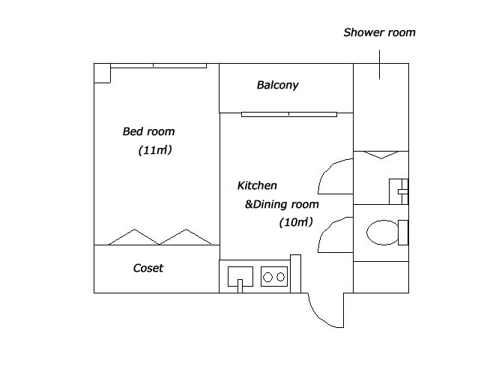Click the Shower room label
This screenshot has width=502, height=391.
379,32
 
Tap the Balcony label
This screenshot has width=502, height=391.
277,85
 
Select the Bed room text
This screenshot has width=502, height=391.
148,131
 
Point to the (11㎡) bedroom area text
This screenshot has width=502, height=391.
155,150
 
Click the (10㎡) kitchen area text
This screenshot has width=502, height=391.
296,222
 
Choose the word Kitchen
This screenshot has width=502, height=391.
257,185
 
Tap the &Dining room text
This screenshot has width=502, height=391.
282,204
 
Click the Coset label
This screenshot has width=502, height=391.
148,268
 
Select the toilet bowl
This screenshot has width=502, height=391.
382,233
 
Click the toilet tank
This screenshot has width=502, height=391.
403,233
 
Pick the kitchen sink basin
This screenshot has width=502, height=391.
241,276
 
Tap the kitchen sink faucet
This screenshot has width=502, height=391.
240,286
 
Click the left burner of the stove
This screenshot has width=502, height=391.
267,277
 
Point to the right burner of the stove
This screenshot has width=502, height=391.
280,276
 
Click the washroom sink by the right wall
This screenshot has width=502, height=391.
399,191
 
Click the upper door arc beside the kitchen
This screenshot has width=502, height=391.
327,170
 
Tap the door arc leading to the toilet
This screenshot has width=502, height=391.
327,228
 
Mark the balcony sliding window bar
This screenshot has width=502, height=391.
289,114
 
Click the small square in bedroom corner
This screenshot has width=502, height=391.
102,73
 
